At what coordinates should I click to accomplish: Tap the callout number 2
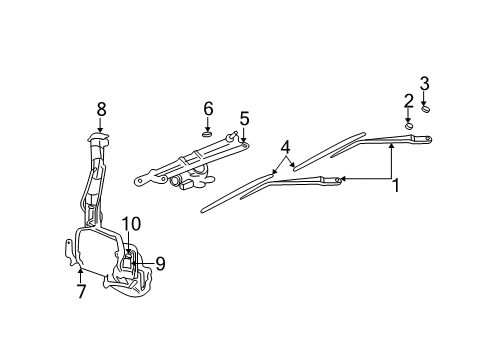[x=408, y=100]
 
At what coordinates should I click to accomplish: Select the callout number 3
[x=424, y=83]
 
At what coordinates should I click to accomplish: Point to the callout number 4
[x=287, y=147]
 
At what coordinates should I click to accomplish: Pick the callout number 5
[x=244, y=117]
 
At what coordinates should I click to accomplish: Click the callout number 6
[x=208, y=107]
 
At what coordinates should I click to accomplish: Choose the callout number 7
[x=81, y=291]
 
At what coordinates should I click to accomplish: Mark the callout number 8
[x=101, y=108]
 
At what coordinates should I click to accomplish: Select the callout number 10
[x=131, y=223]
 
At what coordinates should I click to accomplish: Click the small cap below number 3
[x=425, y=109]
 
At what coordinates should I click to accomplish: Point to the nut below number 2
[x=409, y=126]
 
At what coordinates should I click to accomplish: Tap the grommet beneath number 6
[x=208, y=131]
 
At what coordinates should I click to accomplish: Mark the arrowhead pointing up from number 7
[x=81, y=270]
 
